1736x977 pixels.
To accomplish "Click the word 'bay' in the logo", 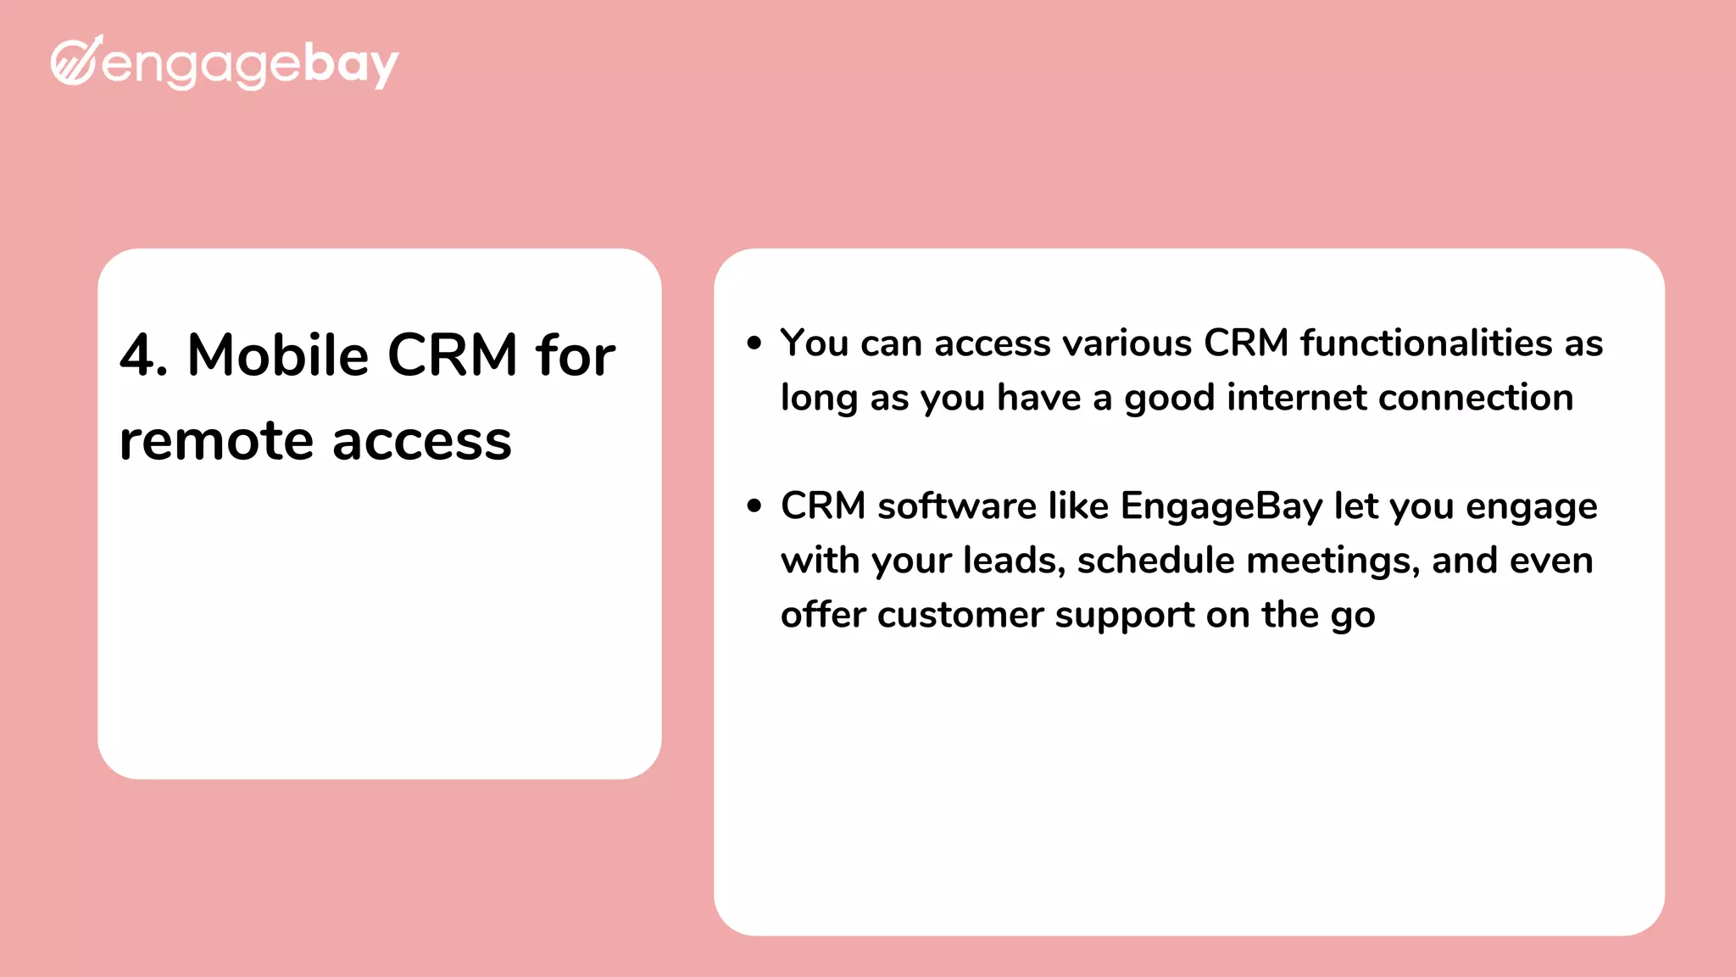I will tap(350, 64).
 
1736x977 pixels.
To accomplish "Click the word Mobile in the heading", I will tap(277, 355).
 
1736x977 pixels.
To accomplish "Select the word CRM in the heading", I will tap(452, 355).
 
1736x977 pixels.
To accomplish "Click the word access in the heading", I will tap(421, 443).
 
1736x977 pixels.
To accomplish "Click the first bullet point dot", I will tap(754, 343).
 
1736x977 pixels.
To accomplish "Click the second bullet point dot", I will tap(754, 506).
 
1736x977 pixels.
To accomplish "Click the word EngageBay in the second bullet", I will tap(1221, 507).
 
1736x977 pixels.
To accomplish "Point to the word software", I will tap(956, 506).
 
